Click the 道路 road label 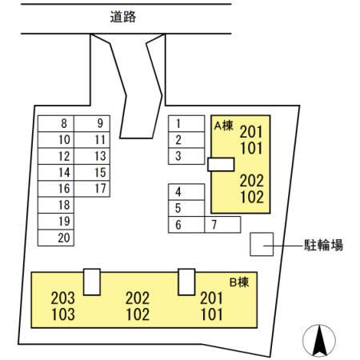click(123, 17)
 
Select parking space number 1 click(186, 123)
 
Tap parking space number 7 click(222, 225)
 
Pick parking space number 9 click(92, 123)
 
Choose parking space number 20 click(56, 238)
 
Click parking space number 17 click(92, 189)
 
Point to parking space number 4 click(186, 192)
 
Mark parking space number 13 click(92, 156)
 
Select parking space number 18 click(56, 205)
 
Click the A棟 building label click(224, 126)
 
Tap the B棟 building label click(239, 282)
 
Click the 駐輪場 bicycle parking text click(323, 245)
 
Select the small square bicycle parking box click(262, 244)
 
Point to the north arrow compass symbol click(319, 341)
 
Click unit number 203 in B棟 click(63, 298)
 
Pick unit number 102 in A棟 click(252, 197)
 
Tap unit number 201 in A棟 click(251, 132)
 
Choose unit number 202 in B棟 click(138, 298)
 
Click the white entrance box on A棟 click(221, 164)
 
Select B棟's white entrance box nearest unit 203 click(92, 282)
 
